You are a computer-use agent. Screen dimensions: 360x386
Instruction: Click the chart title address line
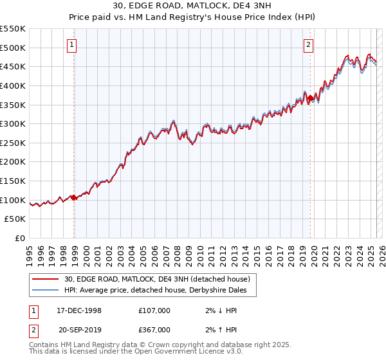(x=193, y=7)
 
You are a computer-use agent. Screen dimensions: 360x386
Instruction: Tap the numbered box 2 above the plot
(x=309, y=44)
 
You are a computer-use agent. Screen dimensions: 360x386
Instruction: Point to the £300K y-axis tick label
(x=13, y=123)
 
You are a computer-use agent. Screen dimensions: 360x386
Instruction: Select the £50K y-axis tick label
(x=15, y=219)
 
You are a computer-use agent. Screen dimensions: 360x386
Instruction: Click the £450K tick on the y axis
(x=13, y=66)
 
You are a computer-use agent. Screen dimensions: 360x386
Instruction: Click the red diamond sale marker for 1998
(x=74, y=197)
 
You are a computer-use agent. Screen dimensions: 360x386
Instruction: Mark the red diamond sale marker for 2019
(x=310, y=98)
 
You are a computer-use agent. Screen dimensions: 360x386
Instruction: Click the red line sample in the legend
(x=46, y=278)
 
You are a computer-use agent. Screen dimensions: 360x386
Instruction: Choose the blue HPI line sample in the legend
(x=46, y=290)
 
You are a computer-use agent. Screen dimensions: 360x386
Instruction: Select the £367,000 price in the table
(x=154, y=330)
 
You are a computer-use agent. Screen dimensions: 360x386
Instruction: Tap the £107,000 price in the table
(x=154, y=310)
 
